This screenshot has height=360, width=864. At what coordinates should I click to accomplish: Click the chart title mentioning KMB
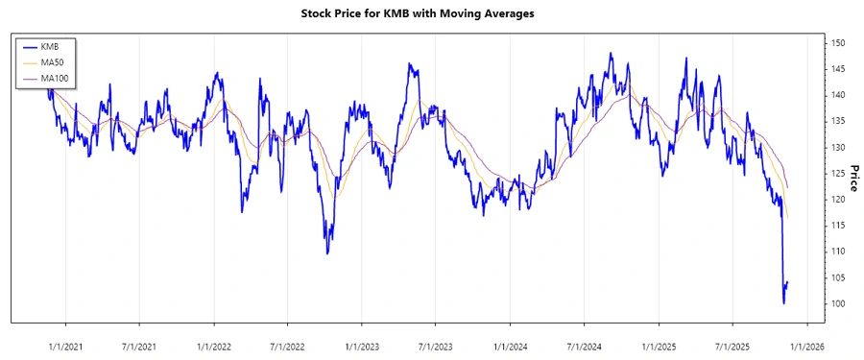click(x=432, y=13)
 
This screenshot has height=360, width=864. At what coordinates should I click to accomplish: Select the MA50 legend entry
click(x=53, y=61)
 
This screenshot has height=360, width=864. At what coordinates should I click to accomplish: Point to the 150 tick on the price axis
click(x=838, y=43)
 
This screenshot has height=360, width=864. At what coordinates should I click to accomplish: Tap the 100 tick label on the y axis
click(x=838, y=303)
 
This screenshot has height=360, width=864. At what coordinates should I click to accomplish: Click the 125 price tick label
click(x=838, y=174)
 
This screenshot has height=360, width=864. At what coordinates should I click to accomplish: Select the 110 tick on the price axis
click(x=838, y=252)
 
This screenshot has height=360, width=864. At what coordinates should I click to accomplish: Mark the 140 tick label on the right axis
click(x=838, y=95)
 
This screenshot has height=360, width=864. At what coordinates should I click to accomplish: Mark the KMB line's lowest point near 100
click(x=784, y=303)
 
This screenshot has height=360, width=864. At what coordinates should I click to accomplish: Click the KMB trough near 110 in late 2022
click(x=327, y=253)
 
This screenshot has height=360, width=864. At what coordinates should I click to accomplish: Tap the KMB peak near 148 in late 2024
click(x=611, y=54)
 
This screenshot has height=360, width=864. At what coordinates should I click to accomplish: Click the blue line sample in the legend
click(x=30, y=46)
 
